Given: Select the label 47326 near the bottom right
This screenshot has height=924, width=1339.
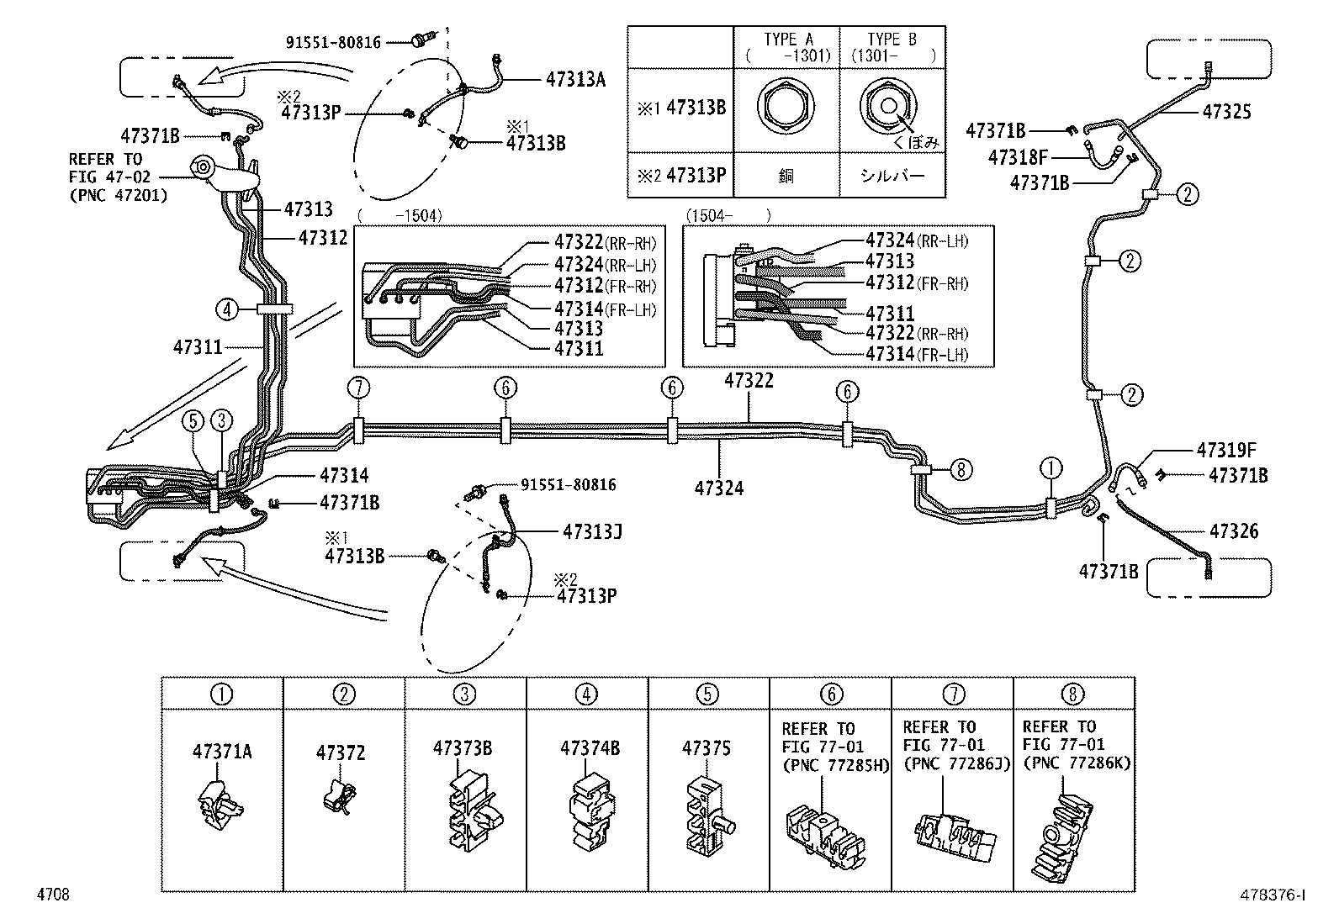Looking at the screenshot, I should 1234,531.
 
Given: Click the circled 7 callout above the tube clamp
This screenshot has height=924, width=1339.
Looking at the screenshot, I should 358,388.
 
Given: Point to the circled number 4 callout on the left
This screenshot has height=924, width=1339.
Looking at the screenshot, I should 225,309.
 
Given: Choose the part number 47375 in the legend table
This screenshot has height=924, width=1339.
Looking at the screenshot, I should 706,748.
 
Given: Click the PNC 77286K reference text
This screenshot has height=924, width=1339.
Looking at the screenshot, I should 1077,763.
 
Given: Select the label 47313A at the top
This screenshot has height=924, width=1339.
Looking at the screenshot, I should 575,79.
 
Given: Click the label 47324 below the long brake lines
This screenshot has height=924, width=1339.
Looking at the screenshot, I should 719,488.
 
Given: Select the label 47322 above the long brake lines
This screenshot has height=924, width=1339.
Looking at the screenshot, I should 749,381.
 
